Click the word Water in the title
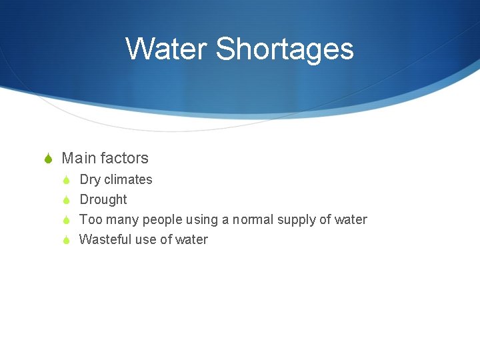(x=167, y=49)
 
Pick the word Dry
(x=90, y=179)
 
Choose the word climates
(x=128, y=179)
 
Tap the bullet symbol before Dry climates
(x=66, y=180)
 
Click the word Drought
(x=103, y=199)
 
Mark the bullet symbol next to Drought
(x=66, y=200)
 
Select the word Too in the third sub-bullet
(x=89, y=219)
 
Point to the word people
(x=162, y=219)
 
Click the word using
(x=201, y=220)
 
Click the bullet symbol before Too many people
(x=66, y=220)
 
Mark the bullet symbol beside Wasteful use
(x=66, y=240)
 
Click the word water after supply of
(x=351, y=219)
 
